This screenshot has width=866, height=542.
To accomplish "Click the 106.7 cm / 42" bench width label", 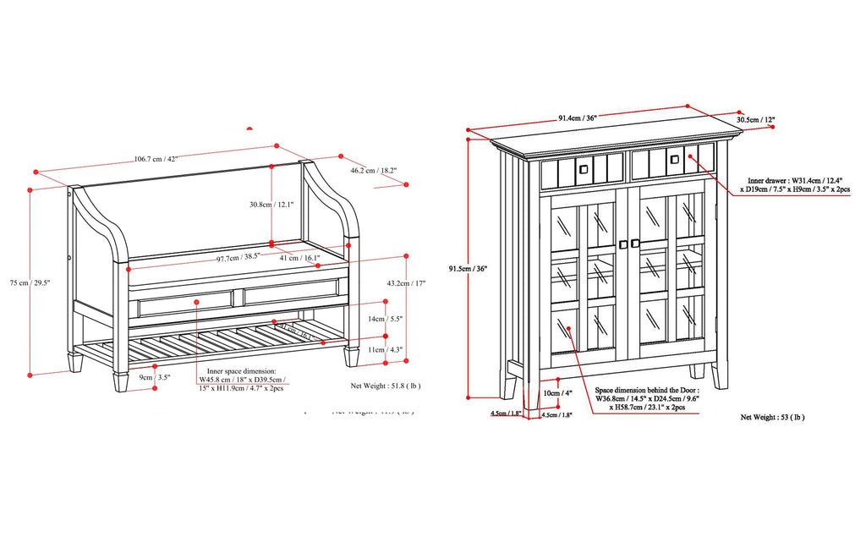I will (156, 157).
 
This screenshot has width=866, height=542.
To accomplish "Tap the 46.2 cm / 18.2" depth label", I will (374, 171).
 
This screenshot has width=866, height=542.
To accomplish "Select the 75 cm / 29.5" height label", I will (19, 284).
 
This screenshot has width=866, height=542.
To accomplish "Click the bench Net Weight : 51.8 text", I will (385, 385).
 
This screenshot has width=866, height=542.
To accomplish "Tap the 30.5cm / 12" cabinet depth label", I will (755, 120).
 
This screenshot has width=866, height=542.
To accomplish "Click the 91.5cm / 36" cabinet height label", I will (468, 269).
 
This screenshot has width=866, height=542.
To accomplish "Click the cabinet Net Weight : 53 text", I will (772, 417).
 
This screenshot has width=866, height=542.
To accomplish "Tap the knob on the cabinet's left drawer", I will (583, 168).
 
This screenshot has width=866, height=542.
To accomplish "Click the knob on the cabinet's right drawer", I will (675, 158).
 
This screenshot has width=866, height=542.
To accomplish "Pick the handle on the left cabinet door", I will (622, 244).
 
